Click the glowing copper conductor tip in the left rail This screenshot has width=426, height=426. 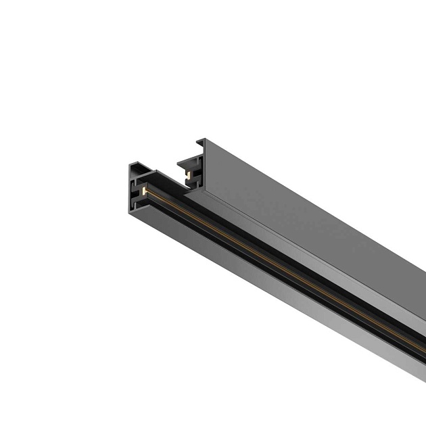[x=144, y=193]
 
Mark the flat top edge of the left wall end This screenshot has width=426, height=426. [x=135, y=164]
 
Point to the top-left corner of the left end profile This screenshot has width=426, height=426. [x=128, y=164]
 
